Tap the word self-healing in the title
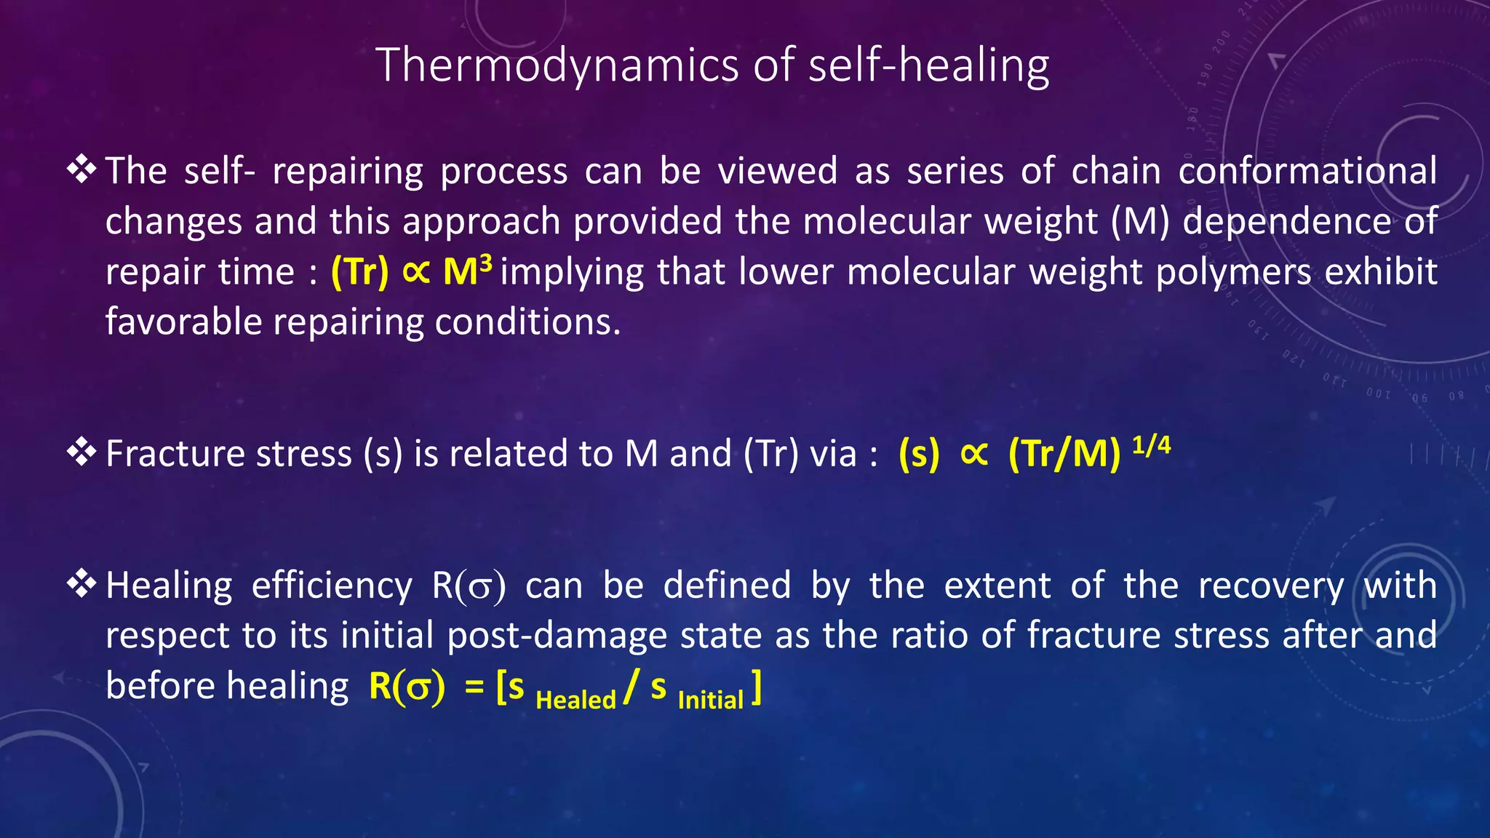pos(928,65)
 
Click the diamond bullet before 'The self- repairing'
pos(81,169)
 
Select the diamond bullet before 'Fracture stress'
pos(81,452)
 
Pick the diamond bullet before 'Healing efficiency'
pos(81,583)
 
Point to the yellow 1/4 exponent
pos(1152,444)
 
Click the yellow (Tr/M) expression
pos(1064,454)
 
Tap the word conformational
pos(1307,171)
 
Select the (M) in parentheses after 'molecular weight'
pos(1140,221)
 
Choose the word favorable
pos(183,322)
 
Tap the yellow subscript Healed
pos(575,699)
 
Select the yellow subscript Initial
pos(710,699)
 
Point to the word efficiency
pos(332,586)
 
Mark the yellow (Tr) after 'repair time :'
pos(360,272)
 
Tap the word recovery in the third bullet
pos(1270,586)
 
